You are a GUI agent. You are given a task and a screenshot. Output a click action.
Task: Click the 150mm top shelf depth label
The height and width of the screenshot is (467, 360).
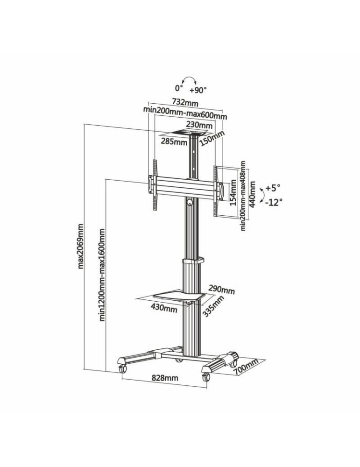click(x=212, y=138)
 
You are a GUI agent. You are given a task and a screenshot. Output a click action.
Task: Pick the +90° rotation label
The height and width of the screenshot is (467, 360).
click(x=198, y=89)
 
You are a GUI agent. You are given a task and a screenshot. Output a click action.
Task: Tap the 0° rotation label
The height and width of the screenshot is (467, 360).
click(x=178, y=88)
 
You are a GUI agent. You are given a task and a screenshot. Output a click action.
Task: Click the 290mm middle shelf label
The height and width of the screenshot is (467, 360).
click(x=221, y=290)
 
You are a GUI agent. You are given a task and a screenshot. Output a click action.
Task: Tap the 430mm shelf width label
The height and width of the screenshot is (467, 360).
click(x=164, y=308)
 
